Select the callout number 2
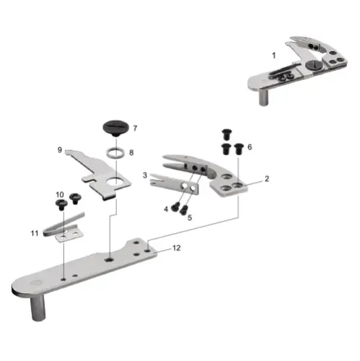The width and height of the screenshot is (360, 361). (x=266, y=178)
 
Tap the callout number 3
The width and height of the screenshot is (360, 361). (x=145, y=175)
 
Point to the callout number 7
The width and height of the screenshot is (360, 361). (x=134, y=128)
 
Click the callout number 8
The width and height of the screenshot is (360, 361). (x=131, y=153)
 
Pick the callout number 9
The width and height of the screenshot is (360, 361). (x=60, y=150)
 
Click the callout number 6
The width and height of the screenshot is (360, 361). (x=250, y=147)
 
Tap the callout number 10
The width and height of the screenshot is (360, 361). (x=60, y=195)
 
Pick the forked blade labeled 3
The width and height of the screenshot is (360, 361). (x=170, y=183)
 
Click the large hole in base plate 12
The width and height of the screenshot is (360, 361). (x=107, y=256)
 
